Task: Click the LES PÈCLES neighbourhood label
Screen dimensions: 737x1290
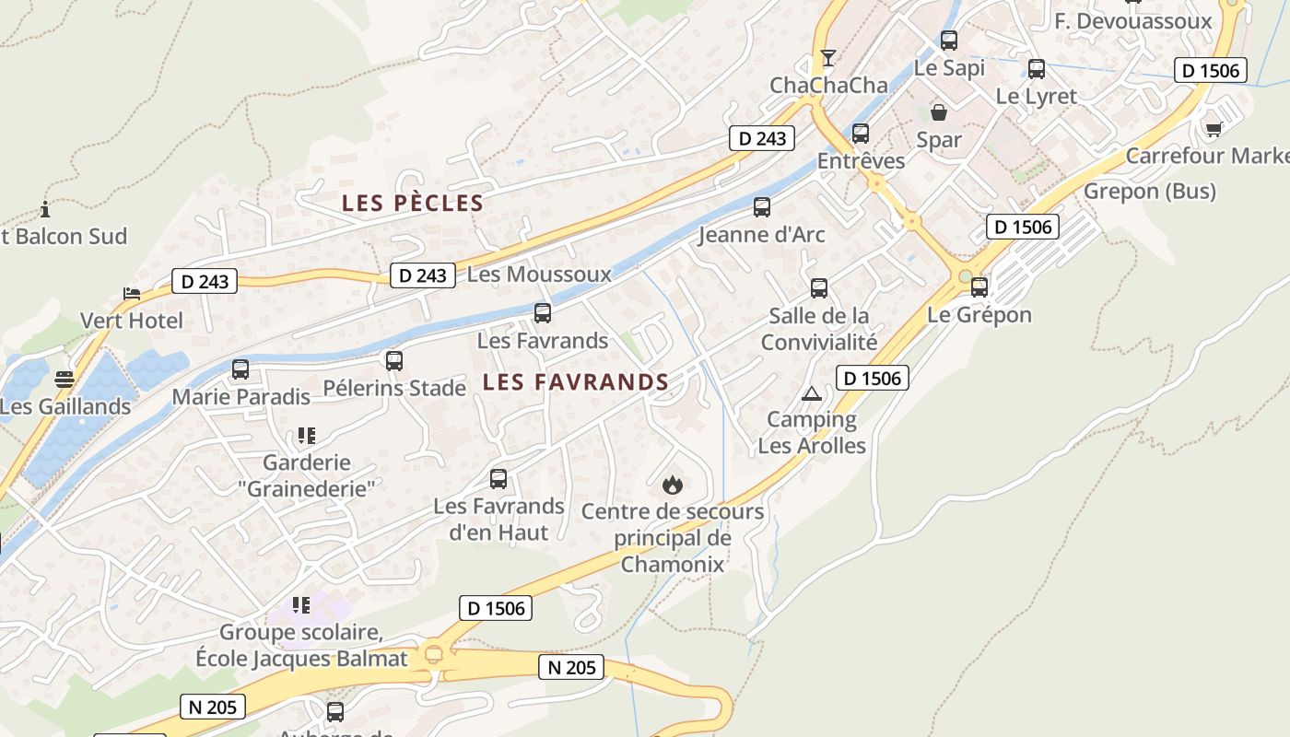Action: [x=412, y=204]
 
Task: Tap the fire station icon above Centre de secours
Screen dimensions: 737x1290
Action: [x=673, y=484]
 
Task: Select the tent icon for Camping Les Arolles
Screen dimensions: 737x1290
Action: [x=812, y=393]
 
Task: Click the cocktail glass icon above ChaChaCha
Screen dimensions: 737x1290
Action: [x=828, y=58]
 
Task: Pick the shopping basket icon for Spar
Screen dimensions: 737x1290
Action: [x=939, y=112]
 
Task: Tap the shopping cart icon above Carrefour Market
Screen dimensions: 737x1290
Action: [x=1214, y=128]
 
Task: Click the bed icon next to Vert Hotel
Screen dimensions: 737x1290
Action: [x=132, y=294]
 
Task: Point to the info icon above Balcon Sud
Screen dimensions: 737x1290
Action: [x=45, y=209]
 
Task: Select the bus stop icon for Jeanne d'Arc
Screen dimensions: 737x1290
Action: [x=762, y=207]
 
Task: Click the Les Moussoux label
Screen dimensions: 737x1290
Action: [x=539, y=275]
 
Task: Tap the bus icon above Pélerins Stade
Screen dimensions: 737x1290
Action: [x=394, y=361]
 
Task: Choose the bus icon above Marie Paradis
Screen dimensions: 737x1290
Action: [x=240, y=369]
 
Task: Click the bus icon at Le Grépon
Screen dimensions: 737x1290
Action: [x=979, y=287]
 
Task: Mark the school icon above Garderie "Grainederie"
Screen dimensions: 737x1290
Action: [x=307, y=435]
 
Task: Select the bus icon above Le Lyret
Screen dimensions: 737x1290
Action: [x=1037, y=69]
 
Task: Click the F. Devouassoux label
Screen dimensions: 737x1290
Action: [x=1132, y=20]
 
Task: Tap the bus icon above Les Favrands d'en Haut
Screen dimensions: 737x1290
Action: [x=498, y=479]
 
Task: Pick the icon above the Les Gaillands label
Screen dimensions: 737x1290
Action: [x=64, y=379]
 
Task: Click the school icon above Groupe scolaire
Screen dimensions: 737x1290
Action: [x=301, y=605]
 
